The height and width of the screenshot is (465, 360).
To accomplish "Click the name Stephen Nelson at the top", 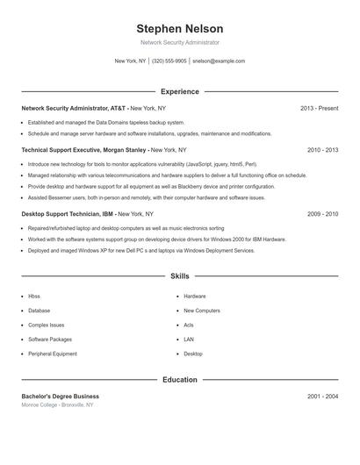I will click(x=180, y=28).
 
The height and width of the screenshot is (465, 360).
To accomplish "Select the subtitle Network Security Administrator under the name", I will click(x=180, y=42).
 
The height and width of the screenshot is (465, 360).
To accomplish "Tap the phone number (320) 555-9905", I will click(x=169, y=61).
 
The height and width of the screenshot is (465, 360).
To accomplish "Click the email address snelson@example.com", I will click(x=219, y=61).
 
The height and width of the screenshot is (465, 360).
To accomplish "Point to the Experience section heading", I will click(x=180, y=91).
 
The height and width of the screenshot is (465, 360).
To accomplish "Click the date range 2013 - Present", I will click(x=319, y=108).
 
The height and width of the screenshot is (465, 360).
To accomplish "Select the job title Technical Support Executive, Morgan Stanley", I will click(x=83, y=150).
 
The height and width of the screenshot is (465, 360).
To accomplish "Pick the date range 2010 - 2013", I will click(x=322, y=150).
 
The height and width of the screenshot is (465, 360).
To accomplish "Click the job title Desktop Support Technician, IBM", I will click(x=67, y=214).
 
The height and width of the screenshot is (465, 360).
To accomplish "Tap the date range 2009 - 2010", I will click(x=322, y=214).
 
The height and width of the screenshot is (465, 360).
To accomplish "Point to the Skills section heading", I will click(x=180, y=275).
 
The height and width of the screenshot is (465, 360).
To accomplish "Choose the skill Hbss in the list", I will click(x=34, y=297).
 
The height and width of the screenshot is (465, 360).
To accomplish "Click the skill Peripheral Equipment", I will click(x=53, y=354).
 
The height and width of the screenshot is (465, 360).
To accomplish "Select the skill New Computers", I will click(x=202, y=311).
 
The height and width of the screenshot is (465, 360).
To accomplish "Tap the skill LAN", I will click(x=189, y=339).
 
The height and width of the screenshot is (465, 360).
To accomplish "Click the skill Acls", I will click(x=189, y=325).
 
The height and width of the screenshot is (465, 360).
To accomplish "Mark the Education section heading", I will click(x=180, y=380).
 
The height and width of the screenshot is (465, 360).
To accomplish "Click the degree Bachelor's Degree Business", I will click(x=61, y=397).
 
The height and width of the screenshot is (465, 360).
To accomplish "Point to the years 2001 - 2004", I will click(x=322, y=397).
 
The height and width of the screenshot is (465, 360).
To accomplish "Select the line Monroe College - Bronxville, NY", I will click(x=57, y=405).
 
